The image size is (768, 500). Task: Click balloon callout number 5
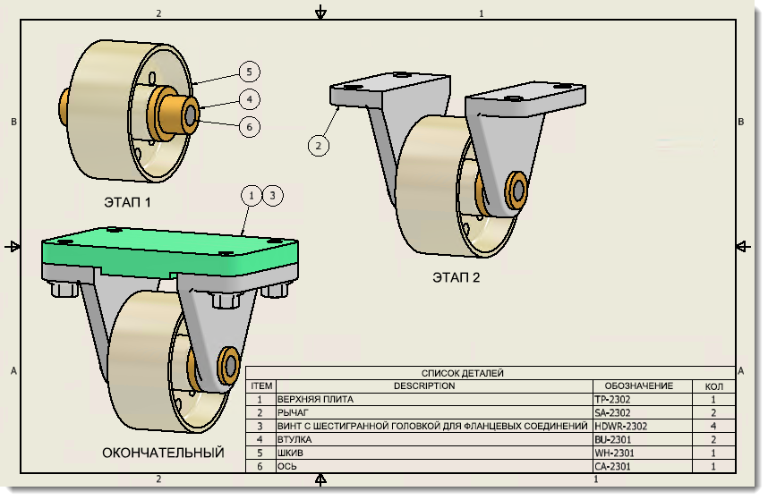[x=249, y=72]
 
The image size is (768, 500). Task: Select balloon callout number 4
[x=249, y=99]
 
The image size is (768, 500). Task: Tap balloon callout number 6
[x=249, y=127]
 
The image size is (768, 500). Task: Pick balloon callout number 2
[x=318, y=143]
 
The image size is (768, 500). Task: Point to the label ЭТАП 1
[x=128, y=202]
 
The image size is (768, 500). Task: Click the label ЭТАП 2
[x=456, y=277]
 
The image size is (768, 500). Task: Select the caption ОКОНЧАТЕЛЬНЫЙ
[x=163, y=453]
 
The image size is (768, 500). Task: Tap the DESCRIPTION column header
[x=425, y=386]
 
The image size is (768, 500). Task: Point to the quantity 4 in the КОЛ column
[x=713, y=426]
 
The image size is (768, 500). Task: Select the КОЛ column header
[x=713, y=386]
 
